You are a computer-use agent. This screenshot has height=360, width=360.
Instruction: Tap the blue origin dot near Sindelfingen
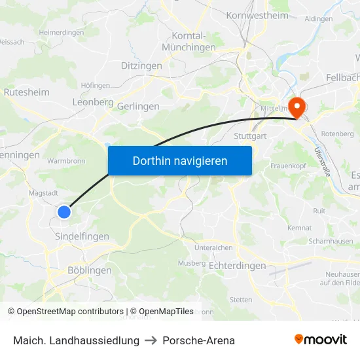point(64,211)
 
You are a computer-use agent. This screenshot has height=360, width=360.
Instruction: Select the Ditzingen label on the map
point(141,66)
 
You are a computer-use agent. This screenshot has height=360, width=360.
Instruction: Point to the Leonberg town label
point(93,103)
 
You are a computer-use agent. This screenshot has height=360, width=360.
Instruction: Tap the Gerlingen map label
point(139,106)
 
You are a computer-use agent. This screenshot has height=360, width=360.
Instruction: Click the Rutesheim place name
point(27,92)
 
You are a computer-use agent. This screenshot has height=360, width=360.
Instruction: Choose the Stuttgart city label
point(250,136)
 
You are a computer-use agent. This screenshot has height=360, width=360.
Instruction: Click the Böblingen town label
point(89,270)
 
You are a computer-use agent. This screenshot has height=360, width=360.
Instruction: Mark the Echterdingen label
point(237,266)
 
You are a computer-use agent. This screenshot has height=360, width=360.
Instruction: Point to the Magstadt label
point(44,193)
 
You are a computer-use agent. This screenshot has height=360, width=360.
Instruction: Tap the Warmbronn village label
point(67,160)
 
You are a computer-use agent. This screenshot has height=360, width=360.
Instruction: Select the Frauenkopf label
point(289,166)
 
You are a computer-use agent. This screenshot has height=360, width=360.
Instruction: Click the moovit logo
point(321,340)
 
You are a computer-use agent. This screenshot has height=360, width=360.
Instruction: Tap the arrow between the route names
point(151,340)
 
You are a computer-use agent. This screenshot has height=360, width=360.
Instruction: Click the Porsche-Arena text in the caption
point(198,340)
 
